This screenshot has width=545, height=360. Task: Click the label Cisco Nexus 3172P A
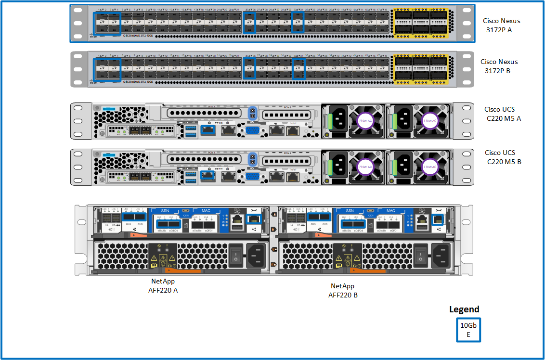coord(502,26)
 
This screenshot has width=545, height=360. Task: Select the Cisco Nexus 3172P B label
coord(499,66)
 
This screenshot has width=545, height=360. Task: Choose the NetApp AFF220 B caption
coord(343,290)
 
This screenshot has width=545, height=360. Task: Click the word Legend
coord(464,309)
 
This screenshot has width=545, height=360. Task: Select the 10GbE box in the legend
coord(468,330)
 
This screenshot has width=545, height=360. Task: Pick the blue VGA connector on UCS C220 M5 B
coord(251,176)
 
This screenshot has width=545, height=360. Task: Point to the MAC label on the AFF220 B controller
coord(391,211)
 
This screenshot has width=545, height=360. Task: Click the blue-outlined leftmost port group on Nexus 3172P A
coord(106,23)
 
